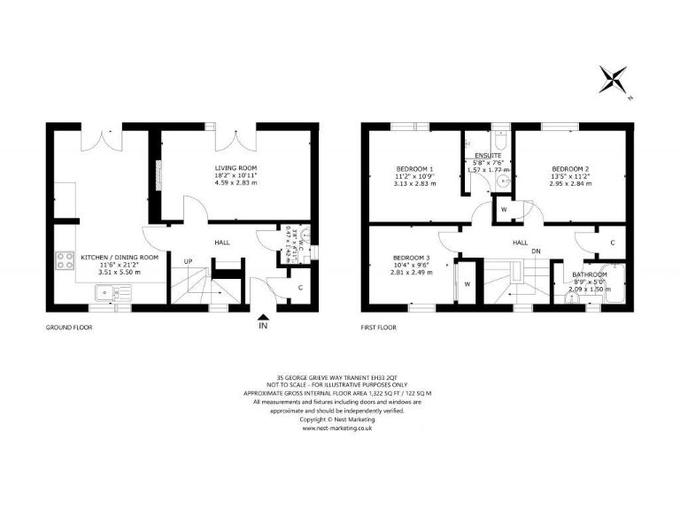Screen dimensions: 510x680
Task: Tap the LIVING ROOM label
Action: click(236, 167)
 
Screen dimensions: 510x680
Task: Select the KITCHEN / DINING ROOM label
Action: click(120, 257)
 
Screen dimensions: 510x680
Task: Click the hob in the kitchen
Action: click(66, 262)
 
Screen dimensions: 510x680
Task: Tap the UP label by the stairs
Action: click(189, 261)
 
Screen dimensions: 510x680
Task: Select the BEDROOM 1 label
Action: click(414, 169)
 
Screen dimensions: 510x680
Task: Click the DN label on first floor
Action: click(536, 251)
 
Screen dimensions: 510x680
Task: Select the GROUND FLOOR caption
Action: click(69, 327)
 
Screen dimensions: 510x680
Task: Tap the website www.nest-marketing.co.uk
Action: click(339, 428)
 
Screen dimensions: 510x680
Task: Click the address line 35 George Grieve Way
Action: click(339, 375)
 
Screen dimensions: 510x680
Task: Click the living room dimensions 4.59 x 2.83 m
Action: click(236, 187)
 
